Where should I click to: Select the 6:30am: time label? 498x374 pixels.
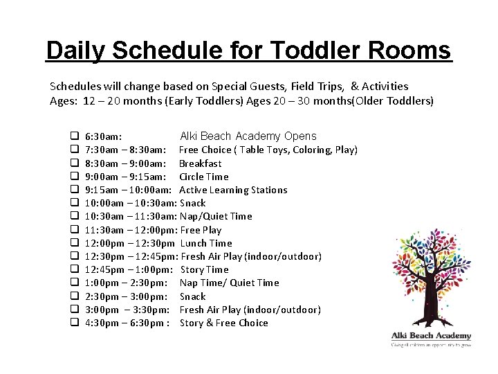pos(104,136)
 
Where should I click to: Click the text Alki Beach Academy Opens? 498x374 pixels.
pos(248,136)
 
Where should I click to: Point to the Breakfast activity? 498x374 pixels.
pos(201,163)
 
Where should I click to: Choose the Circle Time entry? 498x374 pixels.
pos(203,177)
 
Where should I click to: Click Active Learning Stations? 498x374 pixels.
pos(233,190)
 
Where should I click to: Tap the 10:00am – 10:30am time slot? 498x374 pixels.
pos(131,204)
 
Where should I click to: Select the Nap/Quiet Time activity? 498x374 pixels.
pos(216,217)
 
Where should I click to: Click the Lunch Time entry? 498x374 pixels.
pos(206,243)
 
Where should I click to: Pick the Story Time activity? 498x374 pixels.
pos(204,269)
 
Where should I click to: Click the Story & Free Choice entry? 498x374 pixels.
pos(223,323)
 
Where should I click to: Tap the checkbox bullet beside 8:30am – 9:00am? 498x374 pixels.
pos(73,163)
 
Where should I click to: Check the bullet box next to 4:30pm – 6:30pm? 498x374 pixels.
pos(73,323)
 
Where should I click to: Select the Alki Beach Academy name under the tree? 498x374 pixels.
pos(431,335)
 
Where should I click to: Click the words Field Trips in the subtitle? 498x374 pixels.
pos(317,87)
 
